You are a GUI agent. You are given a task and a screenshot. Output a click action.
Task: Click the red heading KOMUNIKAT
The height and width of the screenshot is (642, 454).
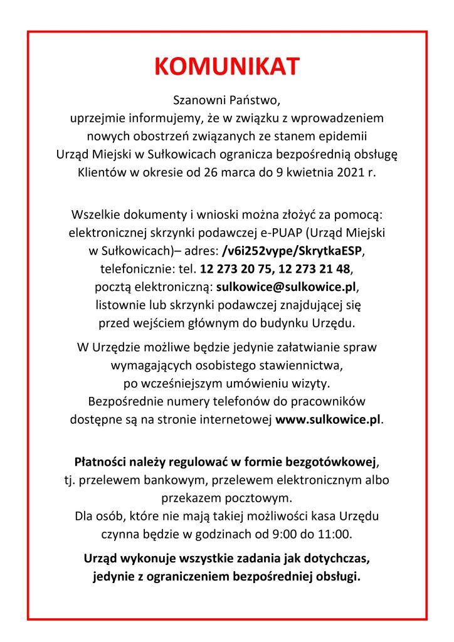click(227, 67)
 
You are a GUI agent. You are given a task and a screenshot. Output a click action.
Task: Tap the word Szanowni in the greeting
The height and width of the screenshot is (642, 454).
click(198, 101)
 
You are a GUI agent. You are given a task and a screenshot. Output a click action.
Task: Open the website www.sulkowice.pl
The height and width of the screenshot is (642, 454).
click(328, 419)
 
